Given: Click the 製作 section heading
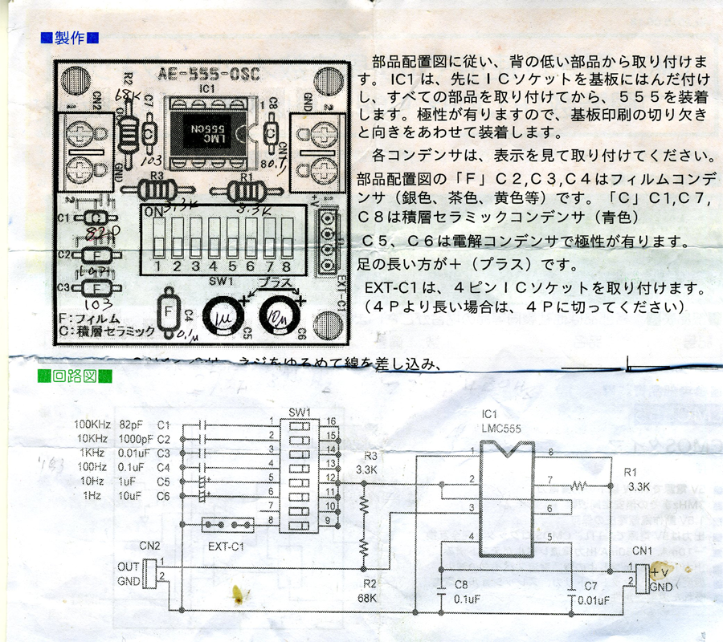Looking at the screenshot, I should click(x=70, y=38).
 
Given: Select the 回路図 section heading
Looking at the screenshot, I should click(x=76, y=376).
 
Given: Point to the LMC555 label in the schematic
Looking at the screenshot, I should click(x=501, y=429).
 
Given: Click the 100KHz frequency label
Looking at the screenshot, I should click(x=92, y=424).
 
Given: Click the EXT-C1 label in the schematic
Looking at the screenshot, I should click(x=227, y=546).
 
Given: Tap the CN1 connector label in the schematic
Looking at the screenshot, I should click(x=643, y=551).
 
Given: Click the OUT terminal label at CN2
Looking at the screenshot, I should click(x=127, y=565).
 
